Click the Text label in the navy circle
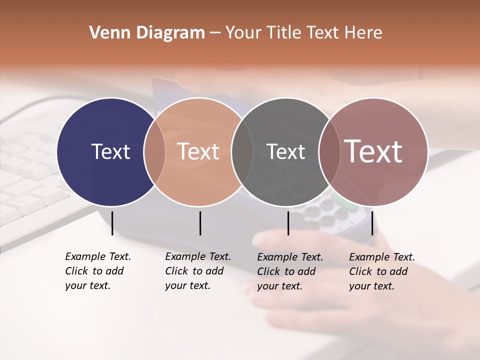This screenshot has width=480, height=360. [110, 151]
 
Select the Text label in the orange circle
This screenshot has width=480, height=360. [198, 151]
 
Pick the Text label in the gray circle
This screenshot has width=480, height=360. [285, 151]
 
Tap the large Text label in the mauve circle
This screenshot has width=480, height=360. [373, 151]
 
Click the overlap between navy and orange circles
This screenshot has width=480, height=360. [154, 152]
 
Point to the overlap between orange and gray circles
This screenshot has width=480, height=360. [242, 152]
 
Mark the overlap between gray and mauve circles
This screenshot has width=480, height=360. [329, 152]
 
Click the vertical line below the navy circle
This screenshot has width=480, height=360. [112, 223]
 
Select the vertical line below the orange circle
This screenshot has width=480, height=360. [200, 223]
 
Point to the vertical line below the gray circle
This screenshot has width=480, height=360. [288, 223]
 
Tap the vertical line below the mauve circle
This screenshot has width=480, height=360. [372, 223]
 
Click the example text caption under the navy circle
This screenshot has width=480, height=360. [98, 271]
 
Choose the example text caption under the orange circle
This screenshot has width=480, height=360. [198, 271]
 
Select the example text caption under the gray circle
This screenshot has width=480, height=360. [290, 271]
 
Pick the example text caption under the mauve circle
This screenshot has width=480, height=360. [382, 271]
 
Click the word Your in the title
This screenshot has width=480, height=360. [244, 33]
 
